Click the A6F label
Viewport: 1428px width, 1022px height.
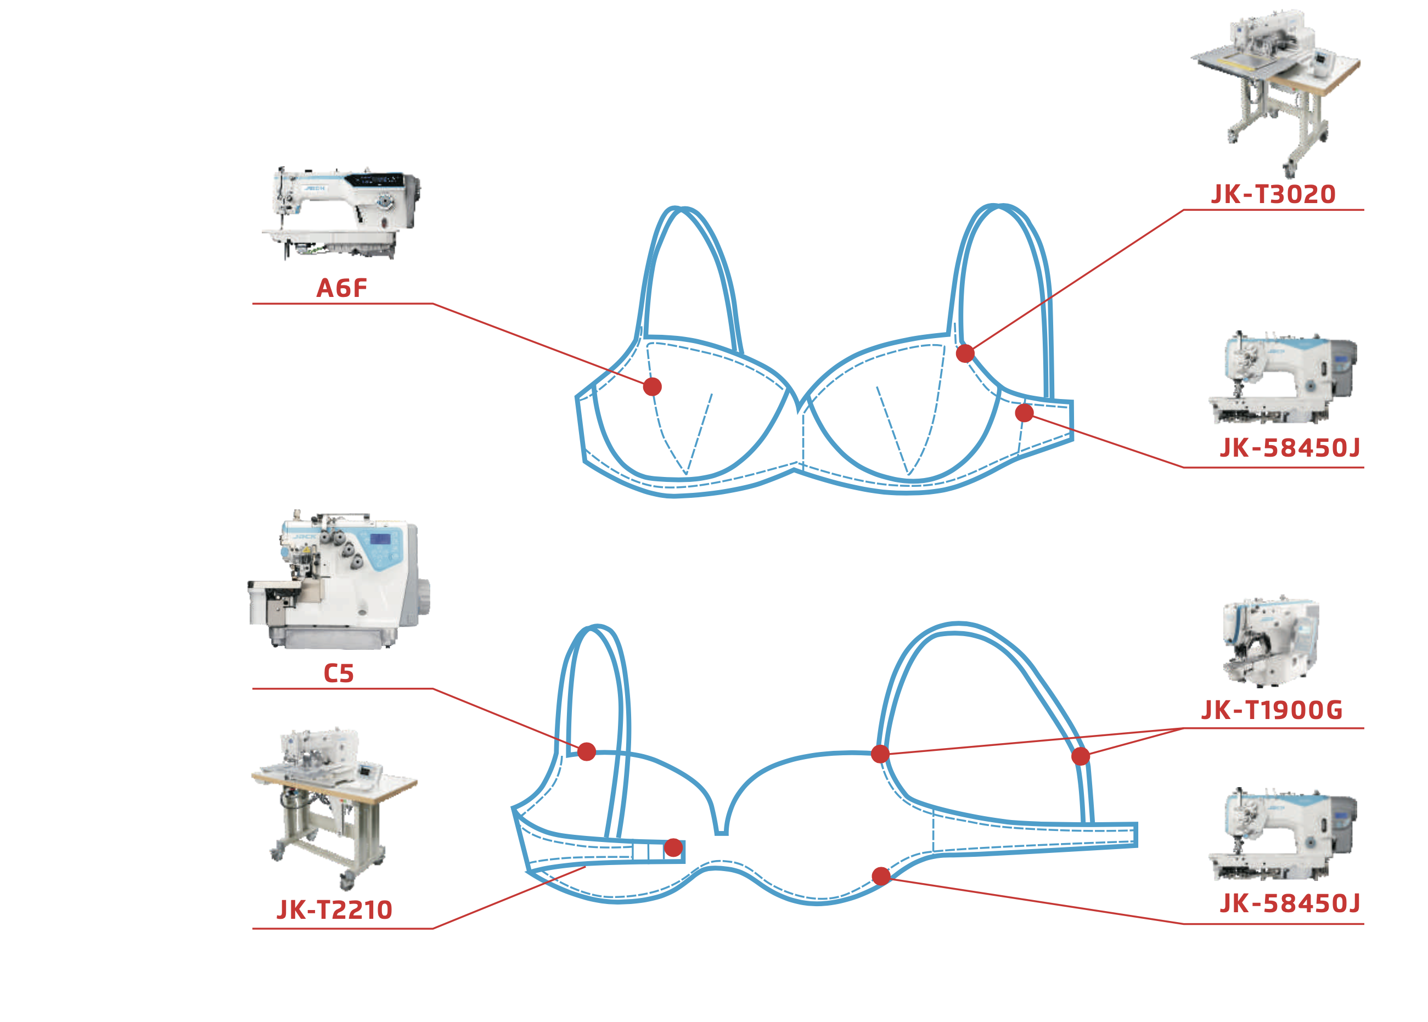click(341, 288)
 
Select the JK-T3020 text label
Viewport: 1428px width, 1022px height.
click(1273, 194)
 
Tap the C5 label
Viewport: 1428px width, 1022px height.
click(339, 673)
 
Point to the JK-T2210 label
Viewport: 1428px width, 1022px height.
click(335, 910)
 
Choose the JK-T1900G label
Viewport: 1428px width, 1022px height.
click(1272, 710)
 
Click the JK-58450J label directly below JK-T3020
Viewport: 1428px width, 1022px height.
click(1290, 448)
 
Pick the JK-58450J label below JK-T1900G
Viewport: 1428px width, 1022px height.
click(1290, 903)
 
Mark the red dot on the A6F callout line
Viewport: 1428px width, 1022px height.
click(653, 386)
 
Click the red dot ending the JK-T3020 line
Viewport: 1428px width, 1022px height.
click(965, 353)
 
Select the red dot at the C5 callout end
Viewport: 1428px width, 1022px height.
click(586, 751)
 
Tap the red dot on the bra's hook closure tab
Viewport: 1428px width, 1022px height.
click(673, 847)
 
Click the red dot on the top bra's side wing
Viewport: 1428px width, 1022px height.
click(1024, 413)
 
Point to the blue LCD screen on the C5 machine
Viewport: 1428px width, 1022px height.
click(379, 540)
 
